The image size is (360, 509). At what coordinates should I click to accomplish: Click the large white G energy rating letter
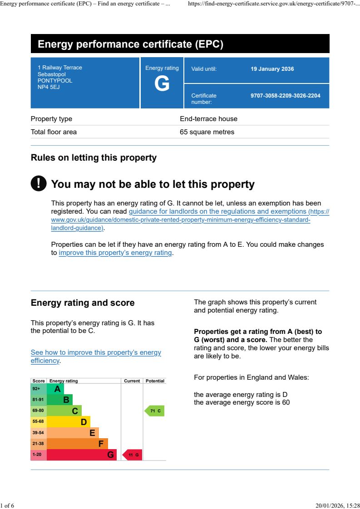[162, 84]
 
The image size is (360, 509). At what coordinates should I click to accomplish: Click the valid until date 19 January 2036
[272, 69]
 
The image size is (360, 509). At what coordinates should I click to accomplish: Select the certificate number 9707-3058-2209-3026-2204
[285, 96]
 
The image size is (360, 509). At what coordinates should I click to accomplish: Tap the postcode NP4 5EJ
[49, 87]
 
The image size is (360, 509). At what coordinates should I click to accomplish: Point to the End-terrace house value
[208, 119]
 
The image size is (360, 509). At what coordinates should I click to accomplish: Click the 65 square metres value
[207, 132]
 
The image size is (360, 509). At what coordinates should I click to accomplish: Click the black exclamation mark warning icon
[39, 183]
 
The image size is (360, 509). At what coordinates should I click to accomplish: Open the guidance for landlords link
[217, 211]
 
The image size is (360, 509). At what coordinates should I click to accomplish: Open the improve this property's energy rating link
[115, 253]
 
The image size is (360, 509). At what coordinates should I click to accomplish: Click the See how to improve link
[95, 353]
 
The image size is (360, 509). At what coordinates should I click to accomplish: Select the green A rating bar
[55, 389]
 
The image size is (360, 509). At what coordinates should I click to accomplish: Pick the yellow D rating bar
[69, 422]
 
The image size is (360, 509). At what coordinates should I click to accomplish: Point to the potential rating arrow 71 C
[154, 411]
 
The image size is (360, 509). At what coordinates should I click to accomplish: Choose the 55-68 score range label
[38, 421]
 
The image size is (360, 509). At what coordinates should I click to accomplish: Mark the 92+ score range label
[36, 389]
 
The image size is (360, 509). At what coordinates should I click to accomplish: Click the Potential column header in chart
[155, 381]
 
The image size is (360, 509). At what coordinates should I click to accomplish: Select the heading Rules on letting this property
[94, 158]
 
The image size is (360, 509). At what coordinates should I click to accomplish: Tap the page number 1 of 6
[7, 505]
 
